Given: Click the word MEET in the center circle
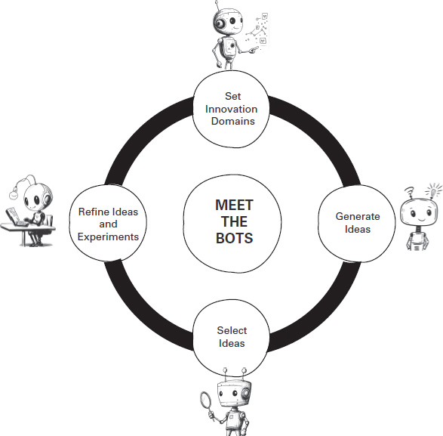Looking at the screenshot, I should coord(234,206).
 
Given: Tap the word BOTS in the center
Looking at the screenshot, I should coord(234,238).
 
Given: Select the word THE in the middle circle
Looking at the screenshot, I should coord(234,222).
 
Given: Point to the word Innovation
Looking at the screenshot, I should coord(232,110).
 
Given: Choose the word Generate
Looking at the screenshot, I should coord(358,217).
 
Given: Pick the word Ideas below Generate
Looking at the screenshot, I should coord(358,229).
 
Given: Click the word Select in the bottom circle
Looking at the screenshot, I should coord(232,331).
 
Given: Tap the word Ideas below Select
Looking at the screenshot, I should coord(232,344).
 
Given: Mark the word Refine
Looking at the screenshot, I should coord(94,212).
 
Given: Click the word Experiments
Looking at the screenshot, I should coord(109,237).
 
